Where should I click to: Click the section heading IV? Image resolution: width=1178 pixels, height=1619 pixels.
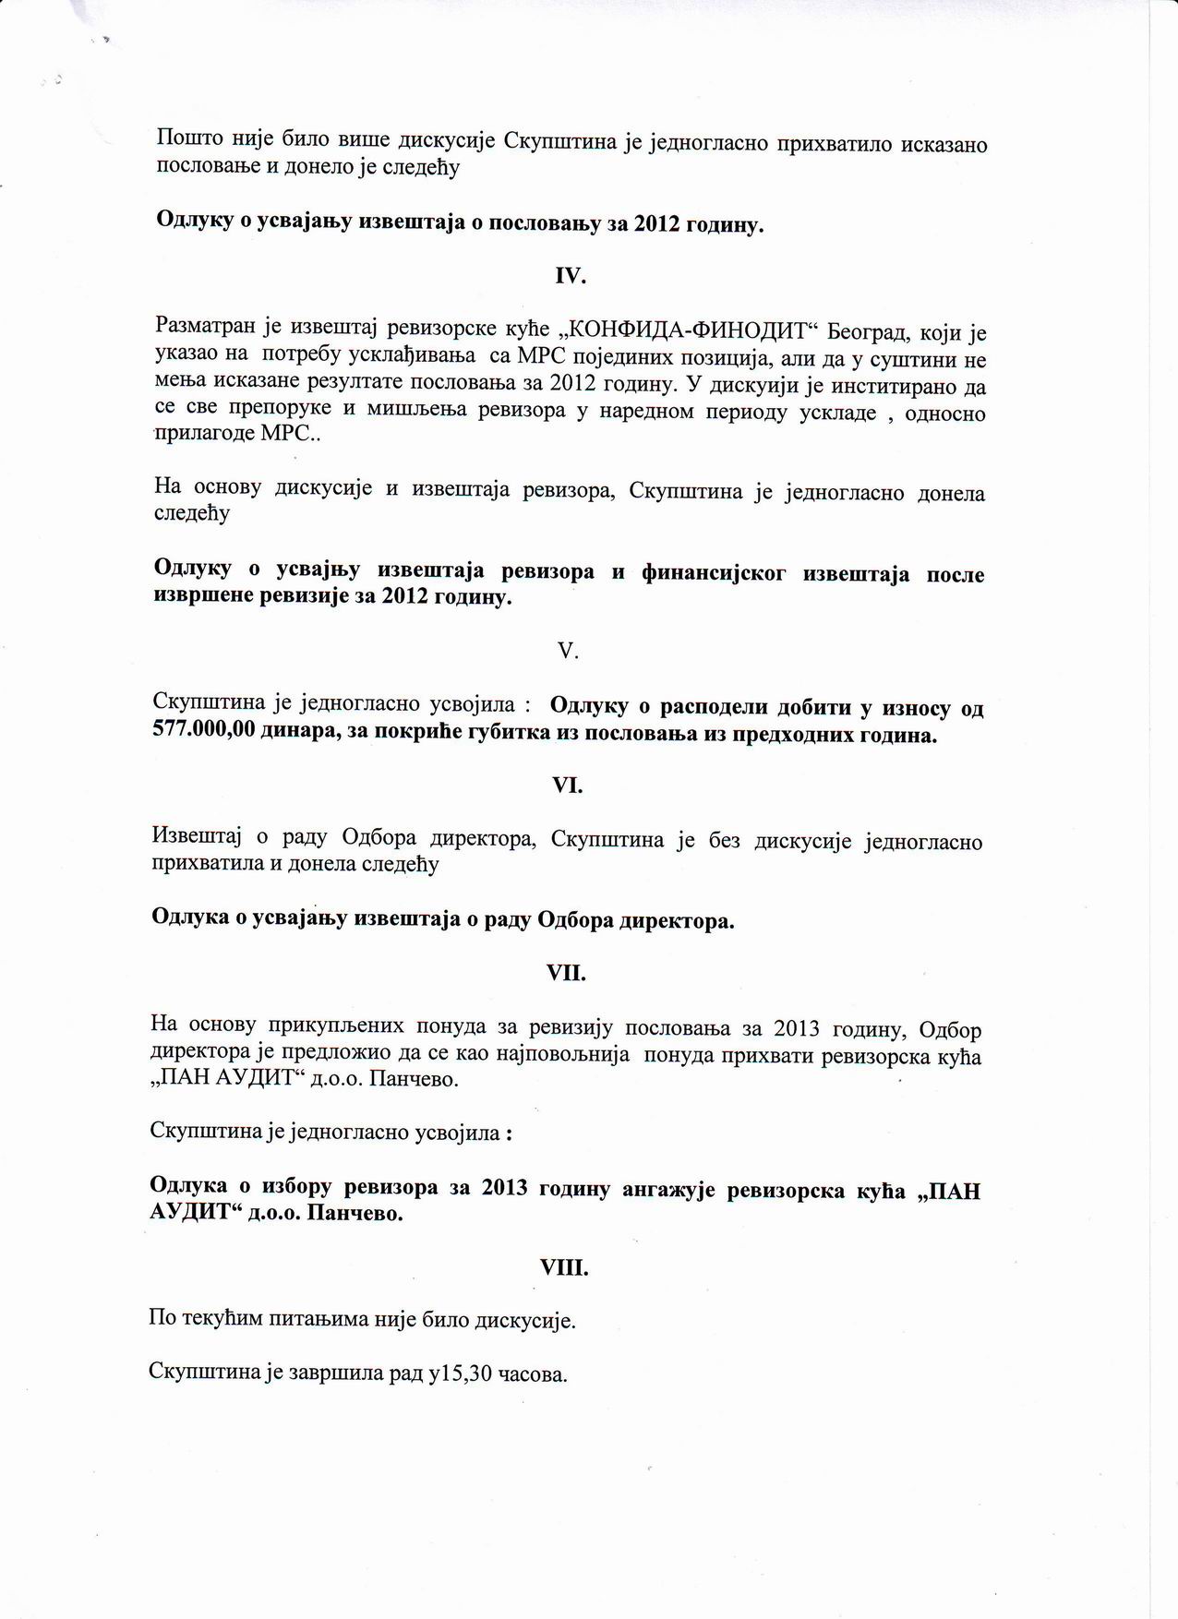570,276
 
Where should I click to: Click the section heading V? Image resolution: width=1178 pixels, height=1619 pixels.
568,652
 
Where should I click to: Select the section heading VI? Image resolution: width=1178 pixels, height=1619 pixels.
567,786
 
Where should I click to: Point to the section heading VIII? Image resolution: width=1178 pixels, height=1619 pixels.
564,1268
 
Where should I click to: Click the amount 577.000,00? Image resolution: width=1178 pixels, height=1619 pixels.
204,736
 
